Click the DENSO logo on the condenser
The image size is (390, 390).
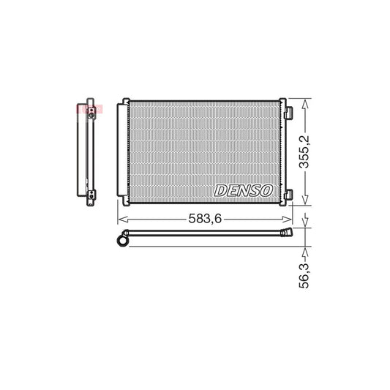point(243,190)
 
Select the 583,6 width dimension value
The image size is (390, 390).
point(206,219)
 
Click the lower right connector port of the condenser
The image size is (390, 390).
point(288,194)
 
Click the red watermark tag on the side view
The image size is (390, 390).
point(86,110)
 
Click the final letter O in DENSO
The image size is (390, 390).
point(266,190)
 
